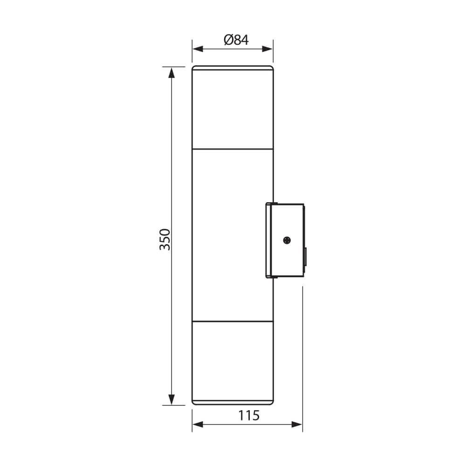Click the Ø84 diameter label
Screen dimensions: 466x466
point(236,40)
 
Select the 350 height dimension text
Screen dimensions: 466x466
point(165,240)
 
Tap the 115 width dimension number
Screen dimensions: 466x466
point(249,416)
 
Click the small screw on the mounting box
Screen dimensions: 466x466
point(287,240)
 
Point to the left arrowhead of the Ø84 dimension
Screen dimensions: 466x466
point(198,49)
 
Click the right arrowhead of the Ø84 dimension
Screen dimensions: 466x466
point(267,49)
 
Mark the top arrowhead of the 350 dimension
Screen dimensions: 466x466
point(171,73)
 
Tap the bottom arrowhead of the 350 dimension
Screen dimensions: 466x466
point(171,399)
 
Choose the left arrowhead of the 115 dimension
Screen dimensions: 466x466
point(198,425)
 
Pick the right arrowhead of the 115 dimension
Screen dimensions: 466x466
point(297,425)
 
